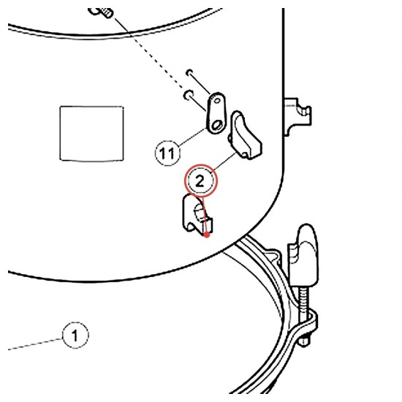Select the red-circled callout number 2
click(200, 181)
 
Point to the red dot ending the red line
click(207, 235)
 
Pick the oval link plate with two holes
click(216, 113)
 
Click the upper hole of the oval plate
click(217, 100)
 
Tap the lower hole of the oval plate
click(216, 125)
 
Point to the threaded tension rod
click(303, 300)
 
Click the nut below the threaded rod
click(304, 341)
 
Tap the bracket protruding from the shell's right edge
click(297, 116)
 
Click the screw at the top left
click(101, 12)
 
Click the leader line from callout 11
click(193, 137)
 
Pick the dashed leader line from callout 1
click(35, 344)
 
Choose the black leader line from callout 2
click(224, 162)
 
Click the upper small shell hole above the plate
click(189, 72)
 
